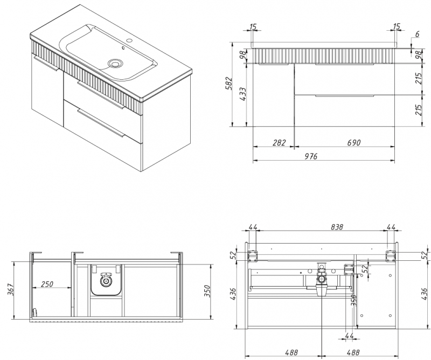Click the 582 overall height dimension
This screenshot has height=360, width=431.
coord(229,84)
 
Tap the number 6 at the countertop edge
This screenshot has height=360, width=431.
coord(416,34)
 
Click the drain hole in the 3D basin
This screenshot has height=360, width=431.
coord(115,63)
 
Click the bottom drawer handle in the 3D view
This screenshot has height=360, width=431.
coord(99,122)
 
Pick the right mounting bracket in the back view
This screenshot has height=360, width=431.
coord(390,254)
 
